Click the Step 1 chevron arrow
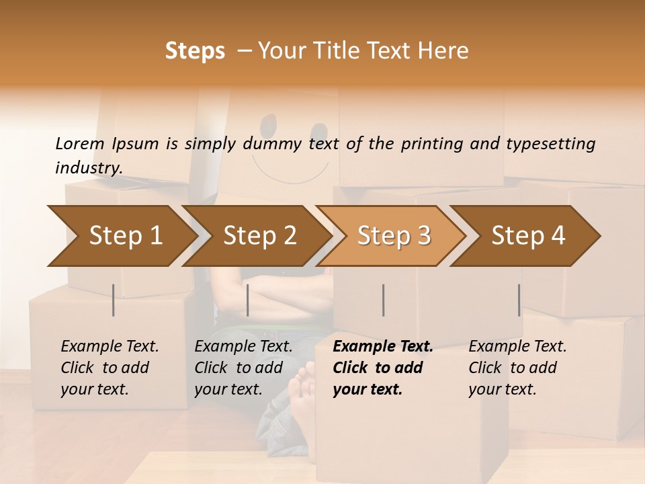click(125, 235)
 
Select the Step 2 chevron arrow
click(259, 235)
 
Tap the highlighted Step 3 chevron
click(394, 235)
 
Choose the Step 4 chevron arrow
click(528, 235)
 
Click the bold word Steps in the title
click(195, 51)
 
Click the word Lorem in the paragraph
click(79, 143)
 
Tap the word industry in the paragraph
click(88, 167)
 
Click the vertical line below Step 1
click(114, 300)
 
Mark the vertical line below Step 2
click(248, 300)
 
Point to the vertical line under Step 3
click(383, 300)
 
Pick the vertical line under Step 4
click(519, 300)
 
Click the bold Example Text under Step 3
click(383, 346)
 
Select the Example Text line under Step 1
click(110, 346)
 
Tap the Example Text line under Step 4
click(517, 346)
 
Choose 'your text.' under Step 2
click(228, 389)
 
